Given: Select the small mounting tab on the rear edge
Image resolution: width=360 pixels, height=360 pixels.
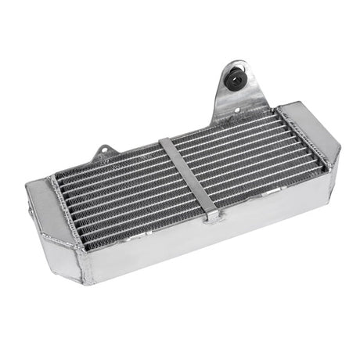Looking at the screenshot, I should [x=103, y=154].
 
